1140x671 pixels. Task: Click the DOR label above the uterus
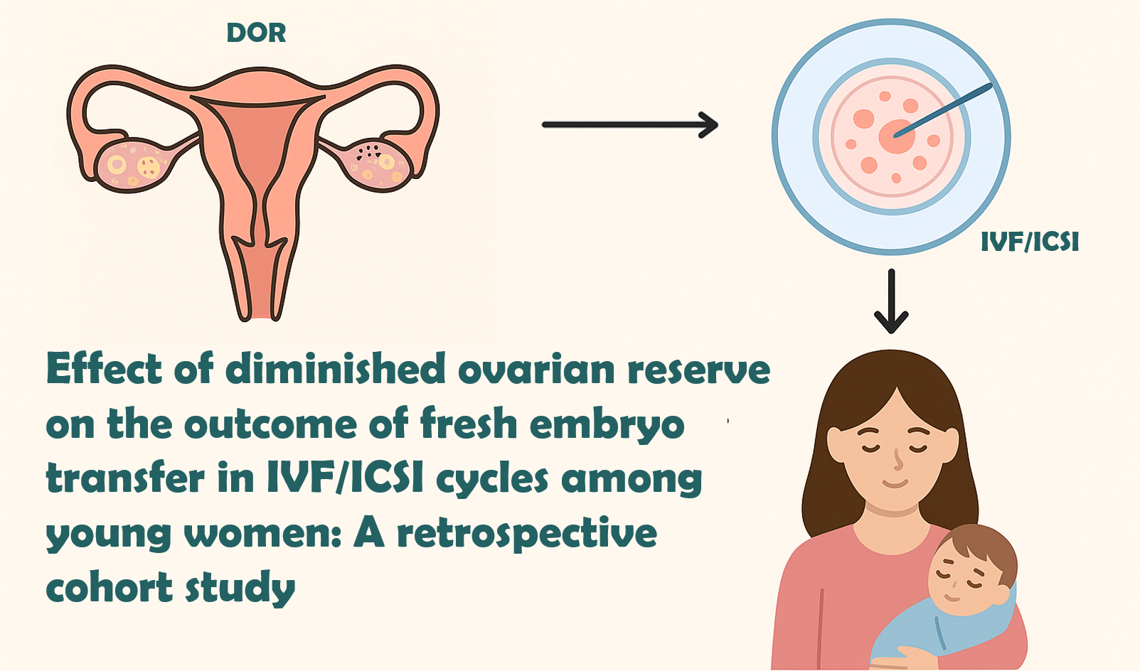coord(256,33)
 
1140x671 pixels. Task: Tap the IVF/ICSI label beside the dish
coord(1030,242)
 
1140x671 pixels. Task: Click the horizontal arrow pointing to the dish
coord(630,124)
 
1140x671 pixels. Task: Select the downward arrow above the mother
coord(891,301)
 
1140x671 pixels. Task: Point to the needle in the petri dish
coord(943,110)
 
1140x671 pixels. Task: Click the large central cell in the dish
coord(896,136)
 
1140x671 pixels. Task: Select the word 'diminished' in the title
coord(335,369)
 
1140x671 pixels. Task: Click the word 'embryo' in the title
coord(607,426)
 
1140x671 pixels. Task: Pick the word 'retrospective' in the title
coord(527,534)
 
